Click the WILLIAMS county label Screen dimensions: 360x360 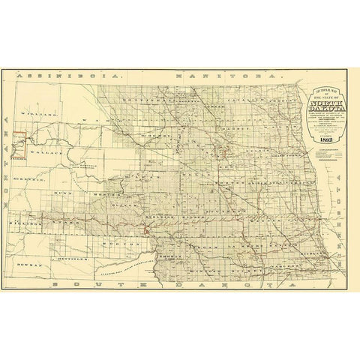(x=43, y=115)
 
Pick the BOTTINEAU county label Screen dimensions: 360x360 (x=144, y=97)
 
